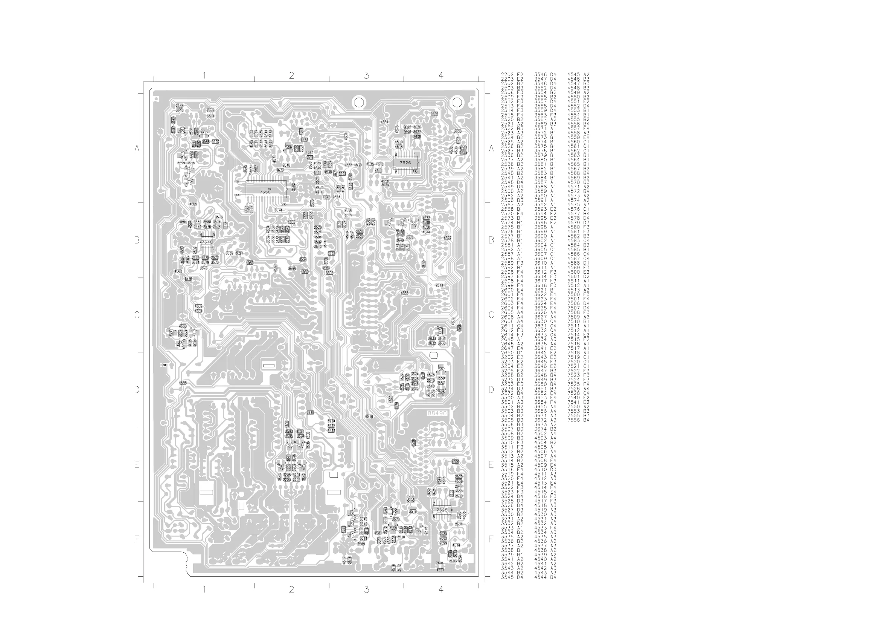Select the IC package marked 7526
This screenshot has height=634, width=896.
(x=405, y=162)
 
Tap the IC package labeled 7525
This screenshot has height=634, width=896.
(x=442, y=510)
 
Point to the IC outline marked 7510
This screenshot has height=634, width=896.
(x=206, y=242)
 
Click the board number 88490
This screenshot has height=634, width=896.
(x=437, y=413)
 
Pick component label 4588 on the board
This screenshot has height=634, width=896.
(x=183, y=383)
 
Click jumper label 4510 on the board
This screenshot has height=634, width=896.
(x=369, y=417)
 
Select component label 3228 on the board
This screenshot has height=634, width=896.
(x=310, y=412)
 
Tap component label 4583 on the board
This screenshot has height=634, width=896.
(x=404, y=292)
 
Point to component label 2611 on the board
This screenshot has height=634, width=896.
(x=439, y=285)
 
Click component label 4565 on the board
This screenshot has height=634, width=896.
(x=193, y=204)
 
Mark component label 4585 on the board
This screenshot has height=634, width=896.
(x=250, y=262)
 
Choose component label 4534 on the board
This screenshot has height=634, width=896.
(x=384, y=122)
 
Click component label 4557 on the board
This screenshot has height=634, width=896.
(x=440, y=570)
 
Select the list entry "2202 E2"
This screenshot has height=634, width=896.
(x=512, y=74)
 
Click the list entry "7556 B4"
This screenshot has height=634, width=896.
(x=578, y=420)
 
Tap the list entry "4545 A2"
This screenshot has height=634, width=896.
(x=578, y=74)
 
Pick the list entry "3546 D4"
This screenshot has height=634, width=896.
(x=545, y=74)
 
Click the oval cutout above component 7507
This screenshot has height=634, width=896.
(x=433, y=355)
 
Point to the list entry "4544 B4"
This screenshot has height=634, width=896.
(x=545, y=577)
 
